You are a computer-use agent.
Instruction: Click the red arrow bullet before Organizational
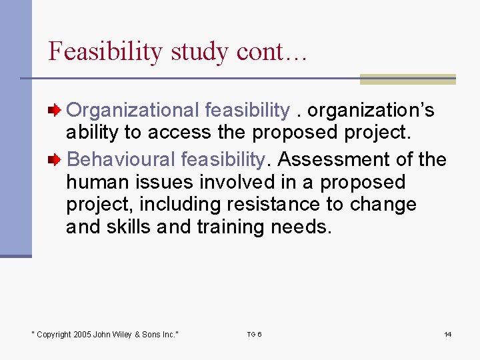click(58, 109)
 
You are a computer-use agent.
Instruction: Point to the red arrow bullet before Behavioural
click(58, 159)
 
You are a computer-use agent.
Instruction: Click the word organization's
click(371, 109)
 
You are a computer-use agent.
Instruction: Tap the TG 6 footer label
click(254, 334)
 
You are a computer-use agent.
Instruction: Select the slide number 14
click(448, 334)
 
